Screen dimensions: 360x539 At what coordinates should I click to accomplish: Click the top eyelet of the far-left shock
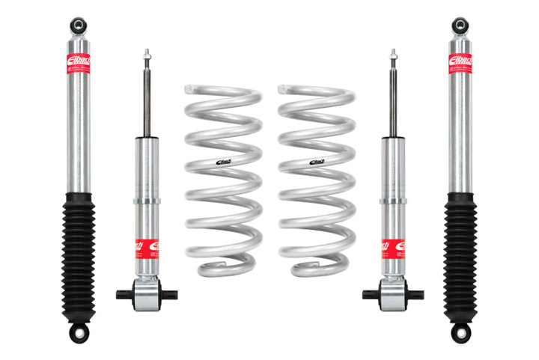point(78,25)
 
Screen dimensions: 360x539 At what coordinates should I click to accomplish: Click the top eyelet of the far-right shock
point(460,25)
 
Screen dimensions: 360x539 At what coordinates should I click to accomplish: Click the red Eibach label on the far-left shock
point(78,63)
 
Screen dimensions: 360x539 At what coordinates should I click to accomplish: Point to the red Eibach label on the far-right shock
point(460,63)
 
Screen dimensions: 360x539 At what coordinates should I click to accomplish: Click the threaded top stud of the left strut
point(147,57)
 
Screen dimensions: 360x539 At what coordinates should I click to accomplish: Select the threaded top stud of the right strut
point(392,57)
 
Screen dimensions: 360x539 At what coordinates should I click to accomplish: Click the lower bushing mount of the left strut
point(147,294)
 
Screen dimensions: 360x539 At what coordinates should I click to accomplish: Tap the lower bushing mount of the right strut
point(392,294)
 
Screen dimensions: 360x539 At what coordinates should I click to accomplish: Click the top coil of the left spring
point(222,91)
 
